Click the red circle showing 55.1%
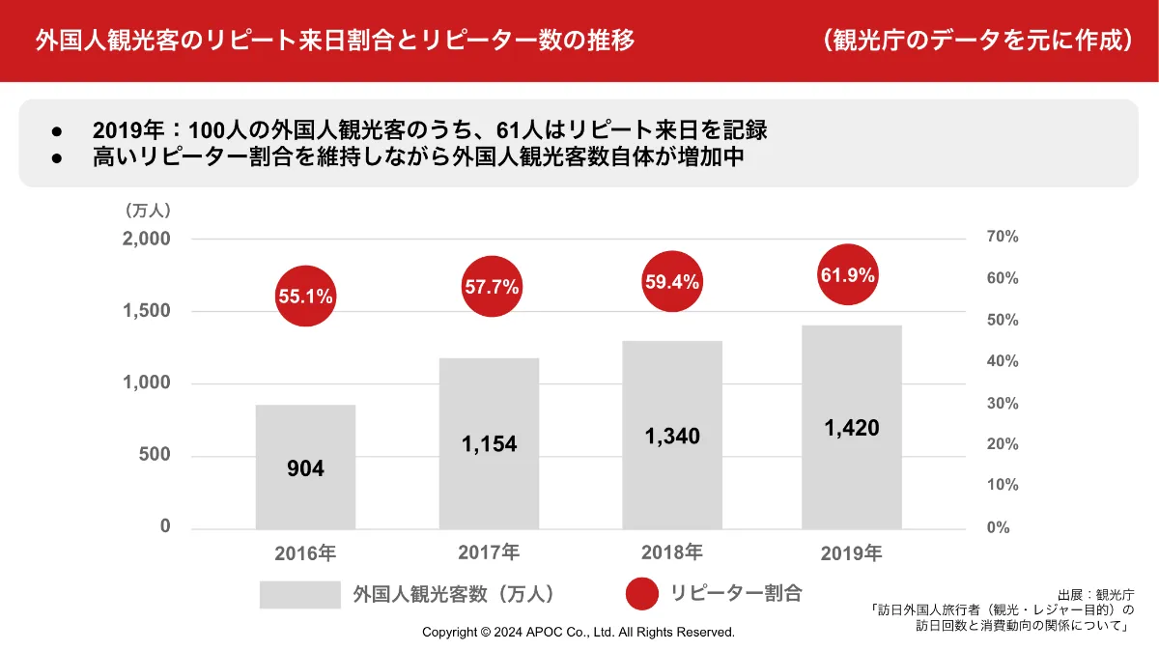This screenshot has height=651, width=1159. click(x=305, y=297)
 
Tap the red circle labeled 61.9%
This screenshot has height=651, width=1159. click(x=848, y=275)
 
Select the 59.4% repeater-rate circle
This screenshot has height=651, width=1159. click(x=672, y=282)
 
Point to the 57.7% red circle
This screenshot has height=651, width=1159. click(x=492, y=287)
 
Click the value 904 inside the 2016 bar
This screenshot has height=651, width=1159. click(x=305, y=469)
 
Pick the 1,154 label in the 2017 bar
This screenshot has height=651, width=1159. click(x=489, y=444)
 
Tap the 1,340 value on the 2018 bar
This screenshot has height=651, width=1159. click(x=672, y=437)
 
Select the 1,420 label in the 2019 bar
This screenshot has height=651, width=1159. click(x=852, y=428)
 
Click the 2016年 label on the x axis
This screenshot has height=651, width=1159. click(x=305, y=554)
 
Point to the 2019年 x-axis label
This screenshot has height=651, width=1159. click(x=852, y=553)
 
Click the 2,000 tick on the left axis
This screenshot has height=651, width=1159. click(x=147, y=239)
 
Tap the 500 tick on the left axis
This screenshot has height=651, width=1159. click(x=153, y=455)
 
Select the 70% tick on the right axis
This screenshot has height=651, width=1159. click(x=1004, y=237)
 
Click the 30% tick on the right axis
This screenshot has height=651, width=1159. click(x=1004, y=403)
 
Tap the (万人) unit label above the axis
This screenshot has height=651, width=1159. click(x=147, y=210)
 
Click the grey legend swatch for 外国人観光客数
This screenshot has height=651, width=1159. click(x=300, y=594)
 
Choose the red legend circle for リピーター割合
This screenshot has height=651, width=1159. click(x=642, y=593)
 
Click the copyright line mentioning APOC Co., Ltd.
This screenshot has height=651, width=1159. click(x=579, y=633)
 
